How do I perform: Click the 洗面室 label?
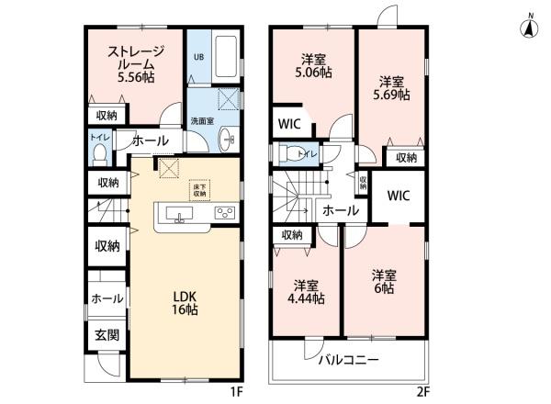[x=202, y=120]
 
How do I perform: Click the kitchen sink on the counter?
[x=178, y=215]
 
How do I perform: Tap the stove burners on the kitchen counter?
[x=224, y=213]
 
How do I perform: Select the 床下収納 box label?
[x=200, y=188]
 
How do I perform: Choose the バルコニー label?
[x=348, y=360]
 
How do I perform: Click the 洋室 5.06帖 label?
[x=313, y=66]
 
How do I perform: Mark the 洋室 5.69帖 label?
[x=392, y=87]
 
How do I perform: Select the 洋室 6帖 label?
[x=384, y=281]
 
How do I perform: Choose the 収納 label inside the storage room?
[x=106, y=115]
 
